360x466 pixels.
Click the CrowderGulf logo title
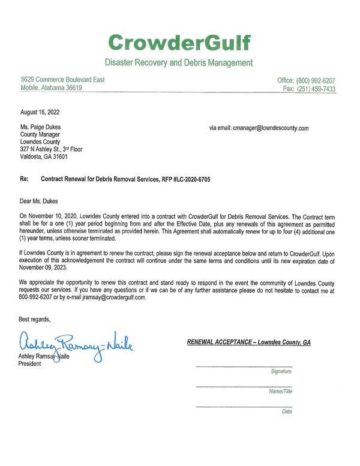[179, 43]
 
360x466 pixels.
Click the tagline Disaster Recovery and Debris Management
[179, 62]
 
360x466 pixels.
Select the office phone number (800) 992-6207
[315, 80]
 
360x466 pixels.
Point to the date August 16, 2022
[40, 112]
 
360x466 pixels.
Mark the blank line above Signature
[244, 366]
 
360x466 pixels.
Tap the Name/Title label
[280, 391]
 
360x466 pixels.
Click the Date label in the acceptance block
[286, 411]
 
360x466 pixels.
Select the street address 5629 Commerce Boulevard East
[62, 80]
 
